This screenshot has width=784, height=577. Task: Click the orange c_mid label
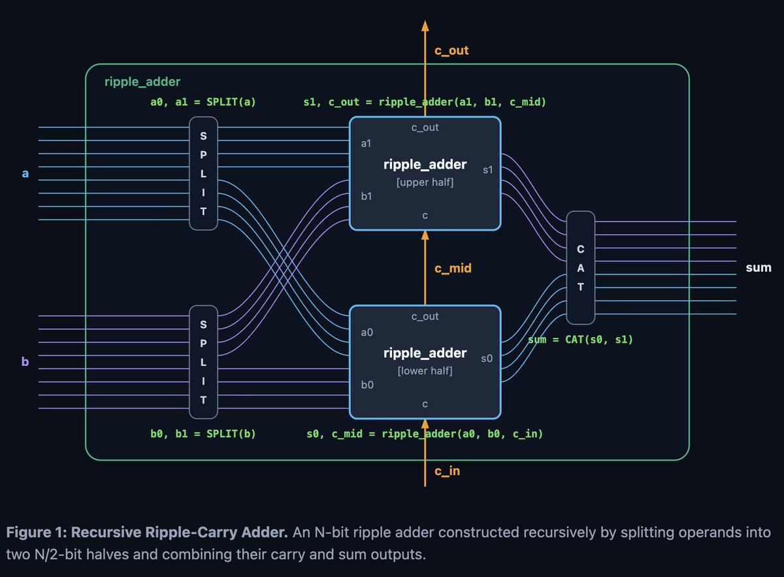(x=453, y=268)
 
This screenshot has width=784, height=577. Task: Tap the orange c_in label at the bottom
(x=448, y=471)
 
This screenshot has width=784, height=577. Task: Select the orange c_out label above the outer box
(x=451, y=50)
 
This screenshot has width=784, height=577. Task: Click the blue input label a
(x=25, y=173)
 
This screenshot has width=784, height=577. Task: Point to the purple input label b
(x=25, y=361)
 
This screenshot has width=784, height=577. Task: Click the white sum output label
(x=759, y=267)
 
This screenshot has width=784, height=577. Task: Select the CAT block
(x=580, y=267)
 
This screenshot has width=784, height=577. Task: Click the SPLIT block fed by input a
(x=203, y=173)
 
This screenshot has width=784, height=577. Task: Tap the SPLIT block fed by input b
(x=203, y=362)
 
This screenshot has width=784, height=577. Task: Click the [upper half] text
(x=425, y=182)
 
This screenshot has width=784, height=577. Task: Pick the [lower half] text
(x=425, y=371)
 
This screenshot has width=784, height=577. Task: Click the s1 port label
(x=487, y=170)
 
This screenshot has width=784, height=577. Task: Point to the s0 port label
(x=487, y=358)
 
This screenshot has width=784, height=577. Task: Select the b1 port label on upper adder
(x=367, y=196)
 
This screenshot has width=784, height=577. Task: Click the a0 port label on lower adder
(x=367, y=332)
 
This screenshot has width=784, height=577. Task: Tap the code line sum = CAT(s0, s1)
(x=580, y=340)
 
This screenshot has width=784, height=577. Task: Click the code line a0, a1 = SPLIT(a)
(x=203, y=102)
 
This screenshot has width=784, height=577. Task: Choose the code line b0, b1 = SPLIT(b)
(x=203, y=434)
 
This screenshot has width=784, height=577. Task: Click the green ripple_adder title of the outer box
(x=142, y=82)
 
